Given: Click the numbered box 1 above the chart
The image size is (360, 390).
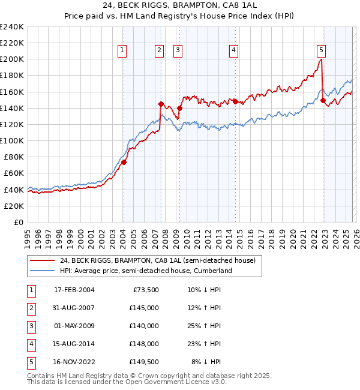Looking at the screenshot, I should pos(122,51).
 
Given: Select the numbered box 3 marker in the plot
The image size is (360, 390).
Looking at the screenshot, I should pos(179,51).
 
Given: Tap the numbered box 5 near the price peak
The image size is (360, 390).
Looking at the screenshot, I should pos(322,51).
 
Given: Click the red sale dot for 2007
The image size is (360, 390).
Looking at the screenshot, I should pos(161,104).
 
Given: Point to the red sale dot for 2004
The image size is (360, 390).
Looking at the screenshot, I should pos(124,162).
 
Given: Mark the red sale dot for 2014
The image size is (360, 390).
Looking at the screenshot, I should pos(235,101).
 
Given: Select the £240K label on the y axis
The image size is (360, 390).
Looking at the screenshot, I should pos(11,27).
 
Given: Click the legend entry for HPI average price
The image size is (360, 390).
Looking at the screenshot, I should pos(145,271).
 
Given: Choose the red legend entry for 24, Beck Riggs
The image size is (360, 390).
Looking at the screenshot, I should pos(157,260).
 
